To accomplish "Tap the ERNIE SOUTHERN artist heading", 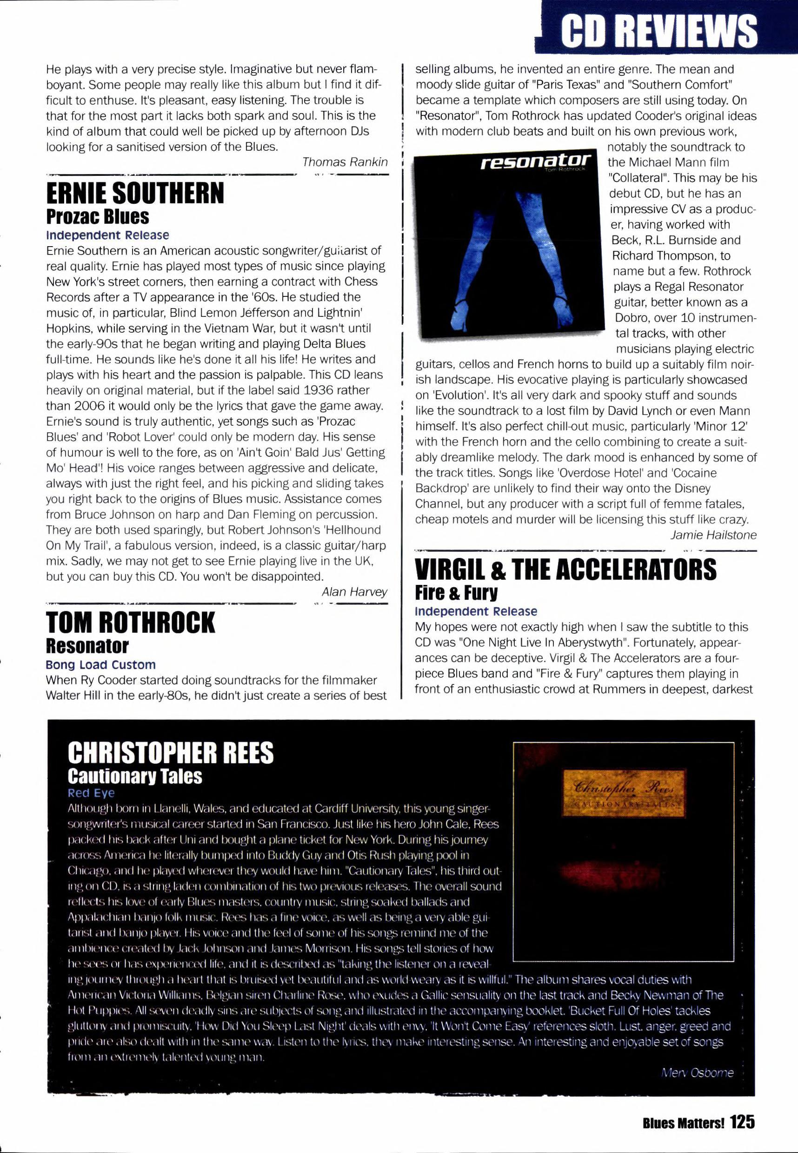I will (135, 194).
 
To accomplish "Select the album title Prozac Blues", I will (98, 216).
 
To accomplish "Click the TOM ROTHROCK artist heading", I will (130, 623).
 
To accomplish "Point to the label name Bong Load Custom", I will (100, 665).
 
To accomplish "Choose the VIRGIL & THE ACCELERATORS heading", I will (565, 570).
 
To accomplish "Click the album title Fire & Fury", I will (456, 593).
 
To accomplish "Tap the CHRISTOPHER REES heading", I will (171, 752).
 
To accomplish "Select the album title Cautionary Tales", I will (135, 776).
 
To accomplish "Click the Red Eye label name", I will (91, 793).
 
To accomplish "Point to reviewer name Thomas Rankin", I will (345, 162).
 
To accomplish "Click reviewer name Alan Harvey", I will (354, 592).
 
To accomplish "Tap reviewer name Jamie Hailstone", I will (713, 535).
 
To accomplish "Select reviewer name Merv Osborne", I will (697, 1073).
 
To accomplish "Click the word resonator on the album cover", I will (536, 161).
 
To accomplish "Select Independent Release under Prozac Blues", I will (107, 235).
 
